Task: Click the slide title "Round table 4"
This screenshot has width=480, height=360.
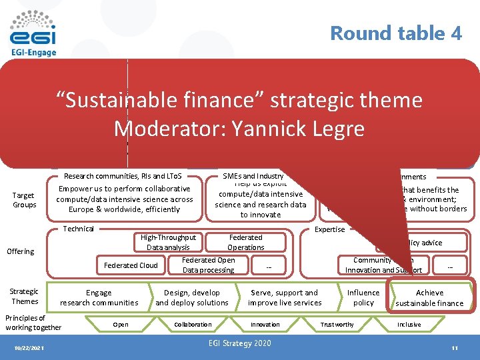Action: click(396, 33)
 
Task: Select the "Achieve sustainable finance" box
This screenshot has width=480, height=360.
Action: click(429, 297)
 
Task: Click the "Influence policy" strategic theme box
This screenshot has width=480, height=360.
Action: click(363, 297)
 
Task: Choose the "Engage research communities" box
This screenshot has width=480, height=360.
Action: click(99, 297)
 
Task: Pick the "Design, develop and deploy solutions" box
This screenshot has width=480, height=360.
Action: click(192, 297)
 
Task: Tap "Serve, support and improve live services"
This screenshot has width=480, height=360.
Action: click(285, 297)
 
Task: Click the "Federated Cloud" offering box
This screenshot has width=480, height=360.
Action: click(131, 265)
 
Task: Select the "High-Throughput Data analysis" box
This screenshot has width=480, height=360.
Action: click(169, 242)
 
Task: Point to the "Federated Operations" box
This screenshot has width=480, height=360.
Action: click(246, 242)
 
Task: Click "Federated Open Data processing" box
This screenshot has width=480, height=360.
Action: click(209, 265)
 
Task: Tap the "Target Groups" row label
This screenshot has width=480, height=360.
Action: click(23, 200)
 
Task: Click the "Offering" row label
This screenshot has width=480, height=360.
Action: click(20, 251)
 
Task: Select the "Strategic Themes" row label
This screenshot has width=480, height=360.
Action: click(24, 297)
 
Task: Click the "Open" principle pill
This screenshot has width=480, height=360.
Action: click(121, 325)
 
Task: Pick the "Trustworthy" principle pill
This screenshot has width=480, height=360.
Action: click(337, 325)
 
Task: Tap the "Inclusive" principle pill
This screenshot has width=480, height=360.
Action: click(409, 325)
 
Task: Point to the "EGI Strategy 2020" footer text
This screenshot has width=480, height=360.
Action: click(240, 343)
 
